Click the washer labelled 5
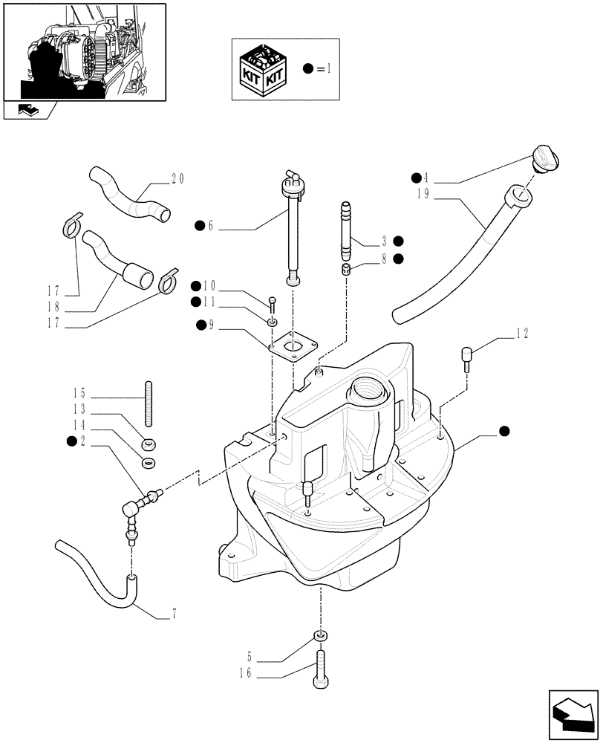pyautogui.click(x=319, y=636)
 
